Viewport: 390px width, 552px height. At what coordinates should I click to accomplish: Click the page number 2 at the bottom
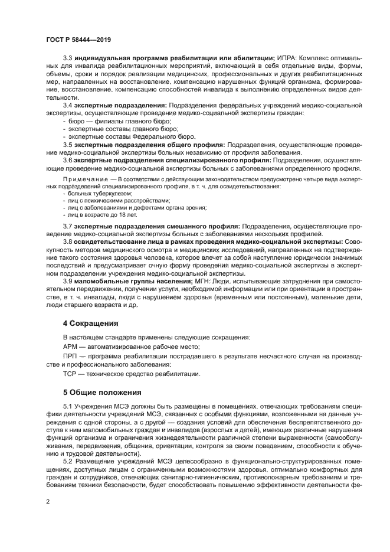(x=47, y=501)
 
